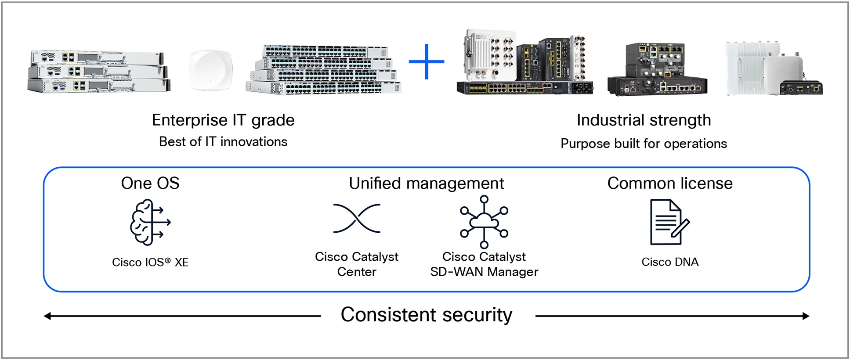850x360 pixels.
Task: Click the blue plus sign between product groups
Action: [x=426, y=62]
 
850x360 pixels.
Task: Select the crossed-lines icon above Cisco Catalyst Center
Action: [x=357, y=218]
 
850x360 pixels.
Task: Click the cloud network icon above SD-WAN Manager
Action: [x=484, y=222]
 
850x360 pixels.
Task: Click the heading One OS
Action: [x=150, y=183]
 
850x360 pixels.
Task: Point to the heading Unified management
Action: [x=426, y=183]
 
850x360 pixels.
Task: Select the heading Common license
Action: [x=669, y=183]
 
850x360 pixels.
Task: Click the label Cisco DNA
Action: [x=669, y=262]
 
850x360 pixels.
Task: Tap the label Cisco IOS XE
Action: [x=150, y=262]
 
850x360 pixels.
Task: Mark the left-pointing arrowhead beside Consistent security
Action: [x=47, y=316]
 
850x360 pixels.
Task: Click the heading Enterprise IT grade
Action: [x=223, y=120]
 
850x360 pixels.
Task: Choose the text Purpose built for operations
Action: [x=644, y=144]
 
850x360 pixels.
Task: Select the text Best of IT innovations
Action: [x=223, y=142]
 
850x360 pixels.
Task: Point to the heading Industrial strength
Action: [x=644, y=120]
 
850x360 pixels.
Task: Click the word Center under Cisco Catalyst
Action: [x=357, y=272]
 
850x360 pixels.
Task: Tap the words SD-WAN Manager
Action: [x=484, y=272]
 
